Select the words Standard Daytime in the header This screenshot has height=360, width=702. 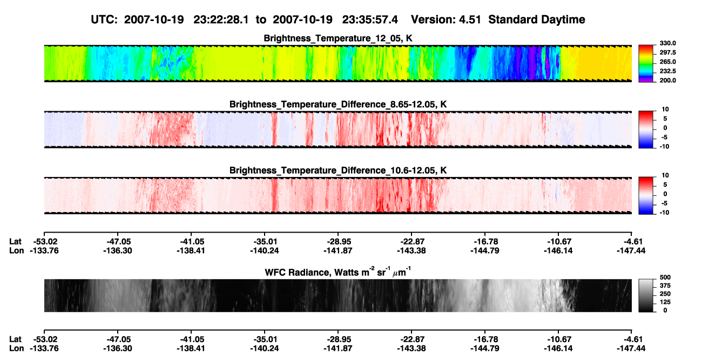click(x=537, y=19)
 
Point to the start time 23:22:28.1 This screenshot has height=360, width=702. click(x=221, y=19)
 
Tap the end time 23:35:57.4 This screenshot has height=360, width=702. click(x=370, y=19)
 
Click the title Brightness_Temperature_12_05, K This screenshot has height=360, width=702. click(x=338, y=38)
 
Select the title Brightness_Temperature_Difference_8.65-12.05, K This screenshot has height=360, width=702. click(x=338, y=104)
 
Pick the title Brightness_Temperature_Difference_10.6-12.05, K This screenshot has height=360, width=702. click(x=338, y=171)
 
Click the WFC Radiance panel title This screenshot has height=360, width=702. click(x=338, y=272)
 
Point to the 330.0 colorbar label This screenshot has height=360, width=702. click(x=667, y=43)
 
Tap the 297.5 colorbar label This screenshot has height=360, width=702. click(x=667, y=52)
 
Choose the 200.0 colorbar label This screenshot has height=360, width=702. click(x=667, y=80)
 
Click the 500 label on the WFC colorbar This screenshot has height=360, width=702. click(x=665, y=277)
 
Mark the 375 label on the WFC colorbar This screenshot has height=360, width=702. click(x=665, y=286)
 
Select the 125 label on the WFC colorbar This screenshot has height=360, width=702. click(x=665, y=302)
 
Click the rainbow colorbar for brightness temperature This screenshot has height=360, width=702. click(x=646, y=64)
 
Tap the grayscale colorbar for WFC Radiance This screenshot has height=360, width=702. click(x=646, y=295)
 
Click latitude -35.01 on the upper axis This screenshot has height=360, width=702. click(x=265, y=242)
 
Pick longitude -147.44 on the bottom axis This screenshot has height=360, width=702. click(x=631, y=349)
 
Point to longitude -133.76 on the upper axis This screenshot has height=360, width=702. click(x=44, y=250)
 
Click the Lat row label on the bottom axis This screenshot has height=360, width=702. click(x=15, y=339)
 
